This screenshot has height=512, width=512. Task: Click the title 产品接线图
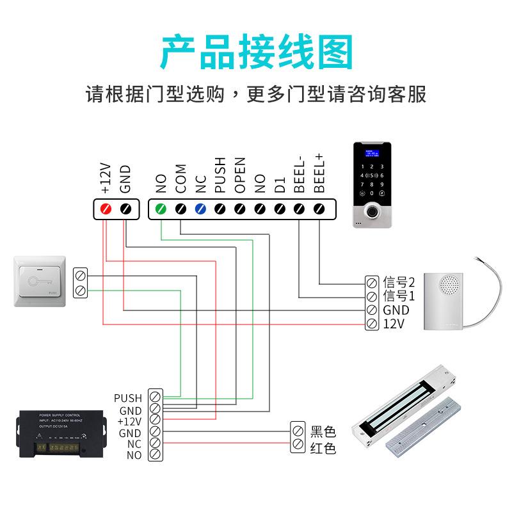256,52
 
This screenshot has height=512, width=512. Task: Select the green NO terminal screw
161,209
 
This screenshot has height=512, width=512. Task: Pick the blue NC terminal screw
200,209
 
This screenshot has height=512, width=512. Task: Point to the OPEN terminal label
240,175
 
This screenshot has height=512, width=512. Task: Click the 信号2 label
399,282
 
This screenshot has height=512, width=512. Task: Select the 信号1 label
399,296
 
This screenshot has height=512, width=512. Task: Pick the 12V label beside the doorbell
394,324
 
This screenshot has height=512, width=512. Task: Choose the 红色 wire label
323,447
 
